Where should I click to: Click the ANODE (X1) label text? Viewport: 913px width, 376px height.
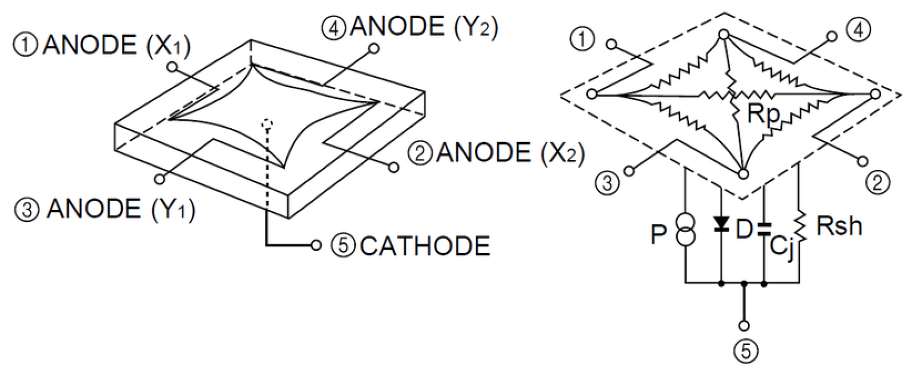[x=116, y=46]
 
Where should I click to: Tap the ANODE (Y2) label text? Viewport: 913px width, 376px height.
[x=424, y=27]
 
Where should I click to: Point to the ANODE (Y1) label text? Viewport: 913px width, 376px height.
[x=120, y=209]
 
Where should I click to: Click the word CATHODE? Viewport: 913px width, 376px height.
[x=425, y=246]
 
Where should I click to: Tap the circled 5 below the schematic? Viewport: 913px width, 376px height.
[x=745, y=351]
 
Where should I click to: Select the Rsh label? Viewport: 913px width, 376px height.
[x=839, y=226]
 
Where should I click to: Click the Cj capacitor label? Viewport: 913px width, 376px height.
[x=782, y=247]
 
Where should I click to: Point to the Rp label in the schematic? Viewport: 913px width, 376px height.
[x=764, y=114]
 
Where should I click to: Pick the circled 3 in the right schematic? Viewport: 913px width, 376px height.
[x=608, y=183]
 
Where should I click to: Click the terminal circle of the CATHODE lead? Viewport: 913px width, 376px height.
[x=316, y=245]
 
